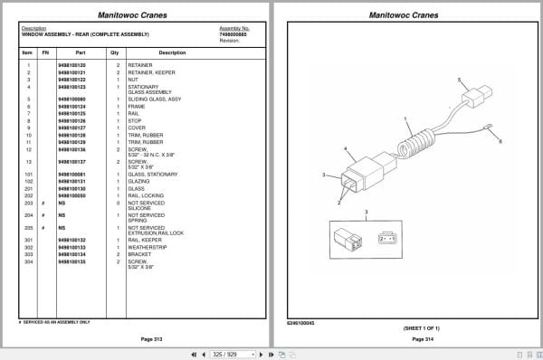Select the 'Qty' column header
point(114,53)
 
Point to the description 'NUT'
point(133,79)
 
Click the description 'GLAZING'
point(138,182)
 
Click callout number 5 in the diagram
point(461,80)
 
